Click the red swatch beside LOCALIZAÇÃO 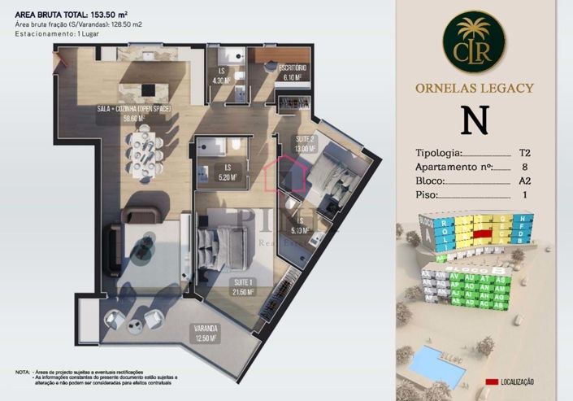(491, 381)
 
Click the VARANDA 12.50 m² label (205, 333)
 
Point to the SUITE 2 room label (306, 145)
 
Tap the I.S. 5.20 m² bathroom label (228, 173)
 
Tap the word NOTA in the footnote (22, 372)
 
